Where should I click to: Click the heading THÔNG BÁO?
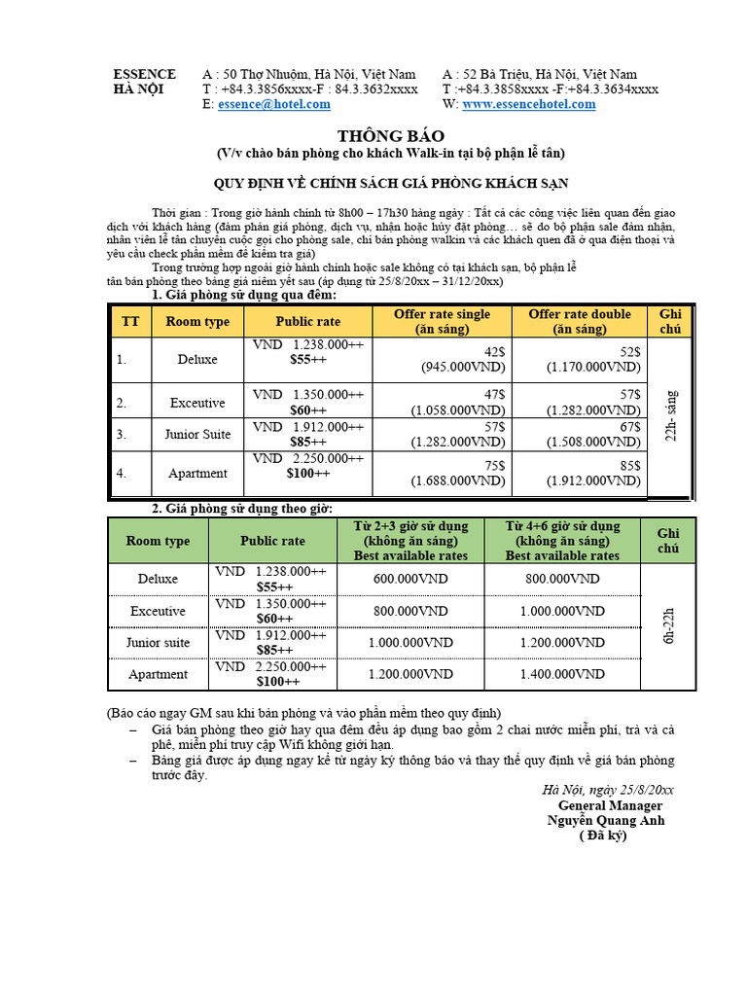tap(375, 136)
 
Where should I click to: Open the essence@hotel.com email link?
tap(274, 104)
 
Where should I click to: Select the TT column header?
tap(129, 322)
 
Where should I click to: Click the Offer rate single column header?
tap(442, 321)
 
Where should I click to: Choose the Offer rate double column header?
tap(579, 321)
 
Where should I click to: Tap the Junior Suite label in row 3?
tap(197, 434)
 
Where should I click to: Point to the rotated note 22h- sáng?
tap(670, 415)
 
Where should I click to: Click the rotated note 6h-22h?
tap(668, 625)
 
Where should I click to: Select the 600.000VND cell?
tap(410, 579)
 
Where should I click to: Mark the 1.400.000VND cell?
tap(561, 674)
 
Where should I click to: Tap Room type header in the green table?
tap(158, 541)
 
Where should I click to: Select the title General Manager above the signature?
tap(610, 805)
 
